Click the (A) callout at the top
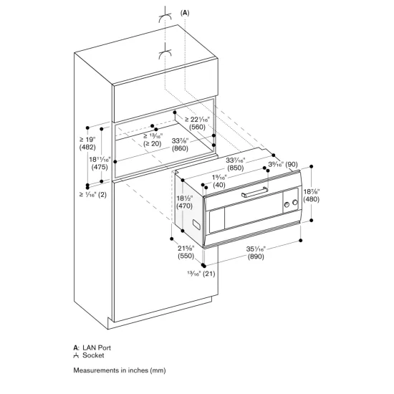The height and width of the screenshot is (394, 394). [186, 12]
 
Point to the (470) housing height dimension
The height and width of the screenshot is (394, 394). [186, 203]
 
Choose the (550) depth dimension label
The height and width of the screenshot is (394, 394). [186, 255]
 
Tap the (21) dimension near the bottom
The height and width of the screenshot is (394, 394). [208, 274]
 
